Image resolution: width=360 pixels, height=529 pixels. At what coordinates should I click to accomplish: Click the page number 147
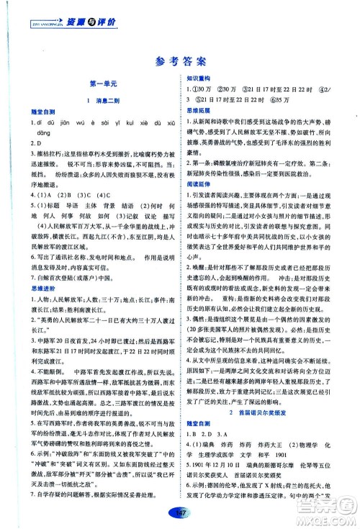[180, 511]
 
